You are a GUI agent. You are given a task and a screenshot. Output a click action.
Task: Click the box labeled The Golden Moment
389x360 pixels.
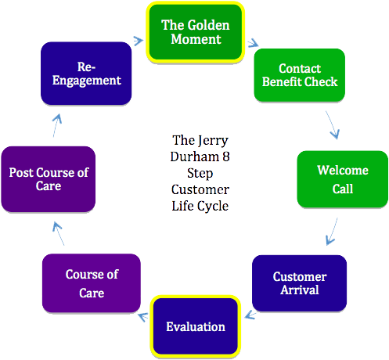[195, 32]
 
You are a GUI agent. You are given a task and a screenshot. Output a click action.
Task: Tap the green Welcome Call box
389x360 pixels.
[342, 179]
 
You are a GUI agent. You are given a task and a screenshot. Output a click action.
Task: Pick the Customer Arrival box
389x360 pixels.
[299, 283]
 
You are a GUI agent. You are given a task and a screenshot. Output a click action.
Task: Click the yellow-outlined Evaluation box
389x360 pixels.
[195, 326]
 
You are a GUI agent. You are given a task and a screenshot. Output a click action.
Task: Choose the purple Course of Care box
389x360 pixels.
[91, 283]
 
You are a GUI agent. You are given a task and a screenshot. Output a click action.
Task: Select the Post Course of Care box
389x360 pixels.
[48, 179]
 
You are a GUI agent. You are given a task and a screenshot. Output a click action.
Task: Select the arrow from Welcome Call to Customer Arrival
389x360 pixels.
[332, 230]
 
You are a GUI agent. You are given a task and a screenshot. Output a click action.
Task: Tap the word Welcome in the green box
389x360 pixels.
[342, 171]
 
